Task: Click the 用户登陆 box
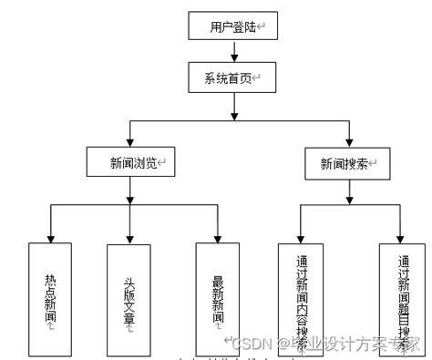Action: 233,26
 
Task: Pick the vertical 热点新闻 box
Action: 49,298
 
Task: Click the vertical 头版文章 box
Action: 129,298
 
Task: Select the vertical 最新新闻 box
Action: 218,298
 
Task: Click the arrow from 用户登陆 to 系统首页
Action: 233,51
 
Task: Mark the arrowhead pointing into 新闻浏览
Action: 131,143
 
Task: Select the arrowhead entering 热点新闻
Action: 49,236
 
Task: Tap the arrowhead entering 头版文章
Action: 129,236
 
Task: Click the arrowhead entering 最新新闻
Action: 218,236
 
